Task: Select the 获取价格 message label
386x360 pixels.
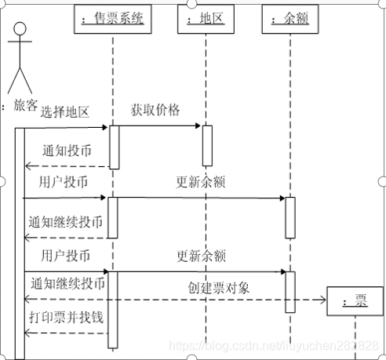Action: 155,109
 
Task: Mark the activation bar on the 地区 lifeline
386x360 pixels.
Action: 207,145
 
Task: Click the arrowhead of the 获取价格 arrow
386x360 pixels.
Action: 198,125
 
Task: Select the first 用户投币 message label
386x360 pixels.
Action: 64,182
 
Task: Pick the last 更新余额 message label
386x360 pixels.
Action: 201,255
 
